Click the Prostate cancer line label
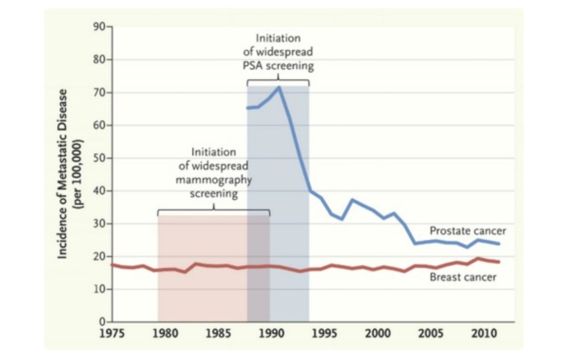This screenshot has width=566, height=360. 468,231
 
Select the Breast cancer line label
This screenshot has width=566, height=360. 463,276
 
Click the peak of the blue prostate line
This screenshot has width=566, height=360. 280,87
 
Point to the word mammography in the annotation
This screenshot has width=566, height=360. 214,180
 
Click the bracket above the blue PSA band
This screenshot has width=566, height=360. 278,82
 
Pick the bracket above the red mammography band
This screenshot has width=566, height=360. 214,211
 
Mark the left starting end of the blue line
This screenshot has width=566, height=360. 247,108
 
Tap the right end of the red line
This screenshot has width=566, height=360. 499,262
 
